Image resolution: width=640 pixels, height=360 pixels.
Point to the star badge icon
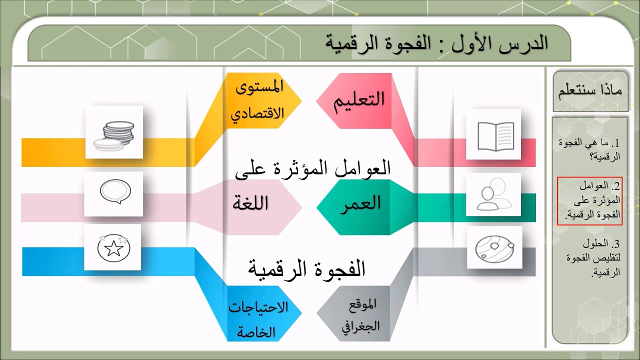click(112, 247)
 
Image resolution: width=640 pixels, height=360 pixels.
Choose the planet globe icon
click(494, 247)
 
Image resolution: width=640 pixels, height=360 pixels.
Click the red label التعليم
click(359, 98)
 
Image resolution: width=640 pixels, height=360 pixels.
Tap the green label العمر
click(361, 203)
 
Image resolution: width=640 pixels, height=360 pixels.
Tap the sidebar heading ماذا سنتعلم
click(590, 91)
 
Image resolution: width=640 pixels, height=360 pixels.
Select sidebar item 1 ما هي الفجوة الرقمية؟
click(589, 149)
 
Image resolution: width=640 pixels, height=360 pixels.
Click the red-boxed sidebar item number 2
click(589, 200)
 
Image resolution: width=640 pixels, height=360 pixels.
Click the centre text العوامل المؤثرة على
click(312, 168)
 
